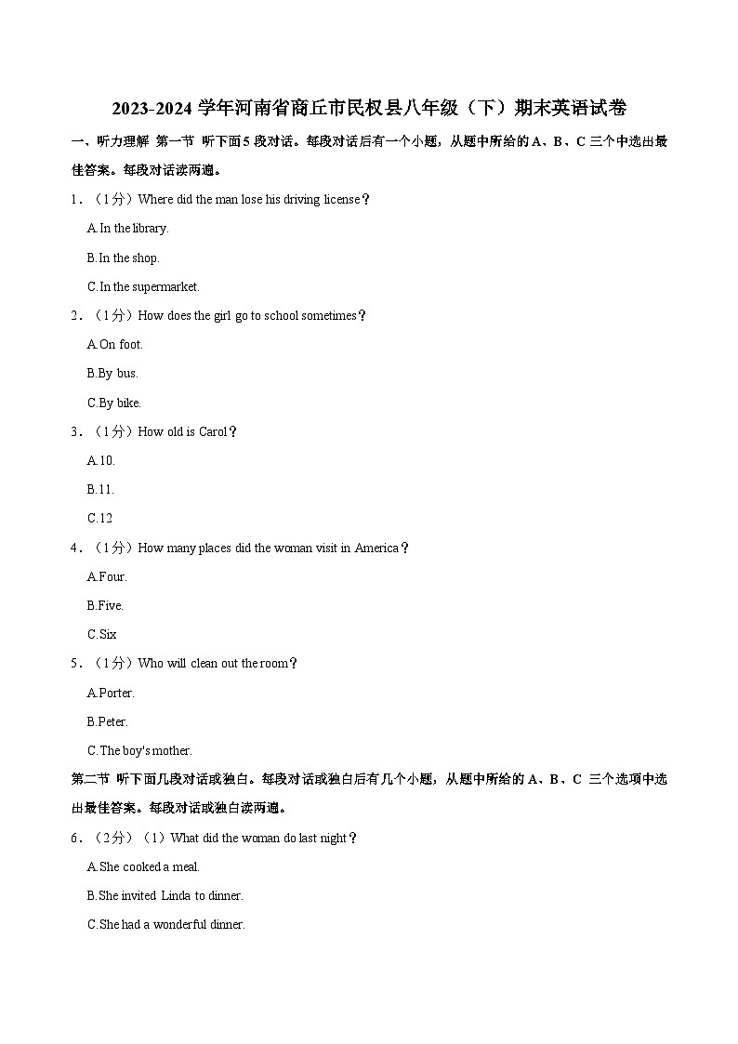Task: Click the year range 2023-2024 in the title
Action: [152, 108]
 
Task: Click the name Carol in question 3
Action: [213, 432]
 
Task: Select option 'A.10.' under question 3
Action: [100, 461]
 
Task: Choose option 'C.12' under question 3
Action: [99, 519]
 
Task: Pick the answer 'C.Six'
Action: [102, 635]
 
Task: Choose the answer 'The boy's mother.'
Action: [139, 751]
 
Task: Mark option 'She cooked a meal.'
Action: [143, 867]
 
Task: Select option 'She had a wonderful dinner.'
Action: [165, 925]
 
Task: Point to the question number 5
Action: [74, 664]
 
